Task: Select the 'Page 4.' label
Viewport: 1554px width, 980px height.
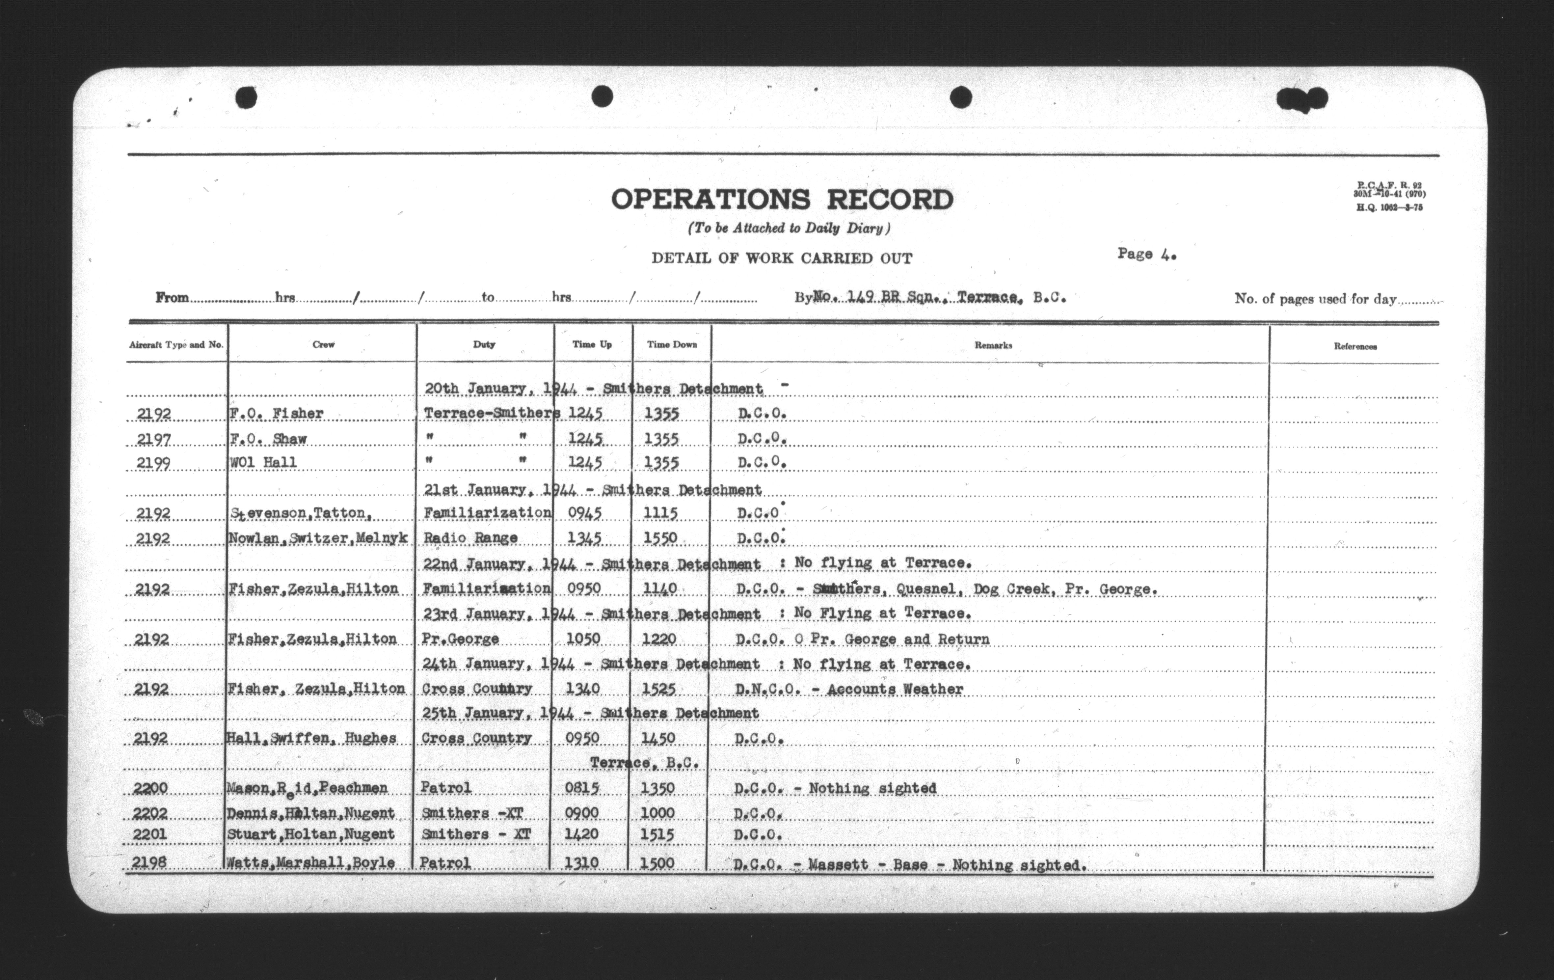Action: click(1147, 254)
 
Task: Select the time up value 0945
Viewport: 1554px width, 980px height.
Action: click(585, 513)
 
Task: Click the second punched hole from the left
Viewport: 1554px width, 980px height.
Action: click(602, 96)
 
